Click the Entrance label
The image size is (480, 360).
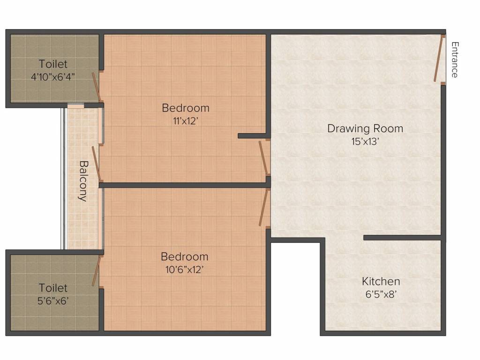454,60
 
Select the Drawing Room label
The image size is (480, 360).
365,128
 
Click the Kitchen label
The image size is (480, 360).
381,281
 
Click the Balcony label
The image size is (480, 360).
83,181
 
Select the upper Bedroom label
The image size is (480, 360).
186,108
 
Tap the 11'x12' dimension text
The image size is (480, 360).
185,120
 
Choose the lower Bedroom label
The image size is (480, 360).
184,257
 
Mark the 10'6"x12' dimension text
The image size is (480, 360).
184,270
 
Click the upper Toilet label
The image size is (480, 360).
53,64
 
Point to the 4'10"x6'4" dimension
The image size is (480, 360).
53,76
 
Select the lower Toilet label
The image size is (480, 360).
53,288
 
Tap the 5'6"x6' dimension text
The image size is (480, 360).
53,300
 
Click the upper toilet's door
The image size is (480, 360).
97,86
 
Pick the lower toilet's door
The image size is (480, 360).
97,271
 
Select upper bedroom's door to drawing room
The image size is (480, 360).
264,158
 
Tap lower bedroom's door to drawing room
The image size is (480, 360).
264,208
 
